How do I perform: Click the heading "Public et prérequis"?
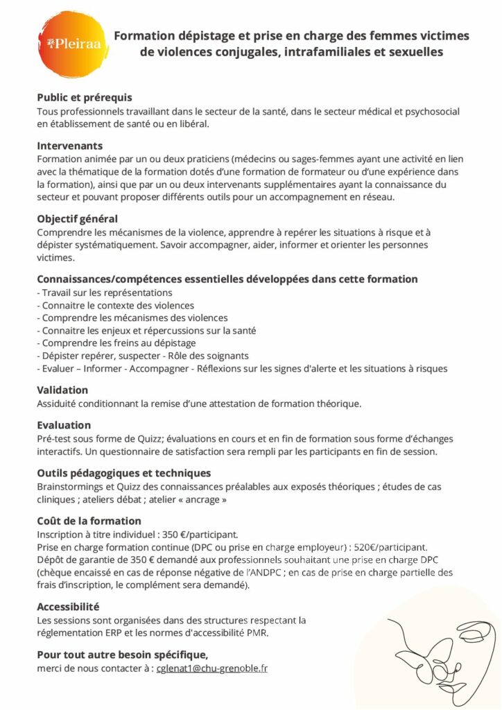click(84, 98)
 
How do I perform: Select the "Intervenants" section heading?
click(69, 146)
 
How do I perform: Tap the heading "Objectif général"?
click(77, 219)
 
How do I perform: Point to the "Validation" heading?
click(62, 390)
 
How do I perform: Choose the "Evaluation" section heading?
click(64, 425)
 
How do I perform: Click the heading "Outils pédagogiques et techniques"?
click(123, 473)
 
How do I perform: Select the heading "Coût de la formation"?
click(89, 521)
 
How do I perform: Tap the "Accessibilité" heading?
click(68, 606)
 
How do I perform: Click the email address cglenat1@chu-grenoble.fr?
click(212, 668)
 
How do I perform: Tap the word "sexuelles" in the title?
click(410, 52)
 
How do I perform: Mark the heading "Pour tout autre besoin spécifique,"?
click(122, 655)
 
